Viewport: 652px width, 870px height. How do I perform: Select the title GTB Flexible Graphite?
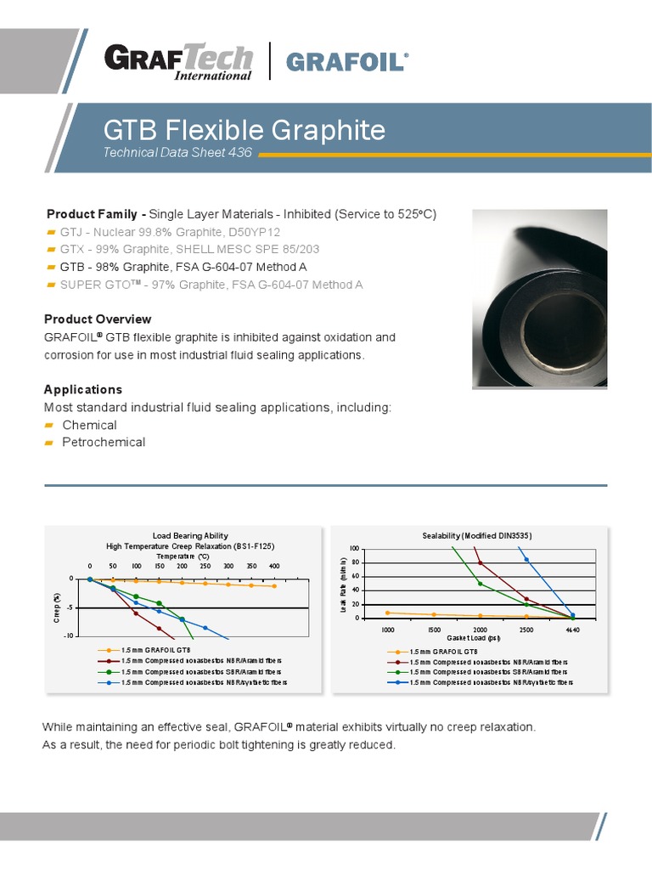(x=244, y=130)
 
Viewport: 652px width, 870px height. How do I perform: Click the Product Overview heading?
(x=98, y=319)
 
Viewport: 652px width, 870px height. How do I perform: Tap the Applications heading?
(x=83, y=389)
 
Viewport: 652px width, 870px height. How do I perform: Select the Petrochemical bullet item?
(x=104, y=442)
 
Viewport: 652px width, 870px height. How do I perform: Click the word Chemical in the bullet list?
(x=89, y=425)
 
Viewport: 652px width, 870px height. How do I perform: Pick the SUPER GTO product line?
(x=211, y=284)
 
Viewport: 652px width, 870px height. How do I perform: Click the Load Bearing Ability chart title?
(x=190, y=535)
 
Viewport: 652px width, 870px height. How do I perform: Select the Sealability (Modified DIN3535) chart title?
(x=477, y=535)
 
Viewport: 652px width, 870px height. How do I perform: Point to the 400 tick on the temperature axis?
(x=274, y=565)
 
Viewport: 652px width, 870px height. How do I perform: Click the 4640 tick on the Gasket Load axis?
(x=572, y=630)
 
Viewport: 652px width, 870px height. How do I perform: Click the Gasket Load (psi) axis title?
(x=480, y=637)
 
